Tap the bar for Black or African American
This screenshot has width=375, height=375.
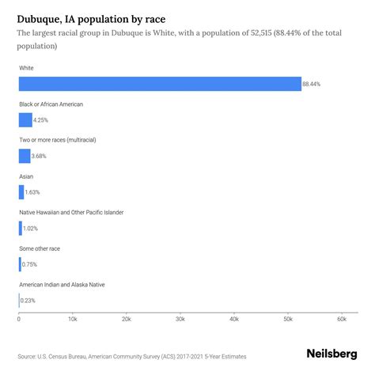click(25, 120)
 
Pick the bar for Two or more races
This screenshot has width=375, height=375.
click(25, 156)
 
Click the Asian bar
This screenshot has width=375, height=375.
click(21, 192)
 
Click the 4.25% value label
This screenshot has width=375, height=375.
click(42, 120)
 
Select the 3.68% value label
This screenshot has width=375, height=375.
click(40, 156)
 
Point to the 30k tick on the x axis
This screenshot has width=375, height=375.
click(180, 319)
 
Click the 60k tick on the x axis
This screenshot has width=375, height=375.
click(341, 319)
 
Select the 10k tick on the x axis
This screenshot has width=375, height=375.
click(73, 319)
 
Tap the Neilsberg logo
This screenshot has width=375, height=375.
click(331, 355)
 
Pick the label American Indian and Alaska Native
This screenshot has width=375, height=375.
click(62, 284)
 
